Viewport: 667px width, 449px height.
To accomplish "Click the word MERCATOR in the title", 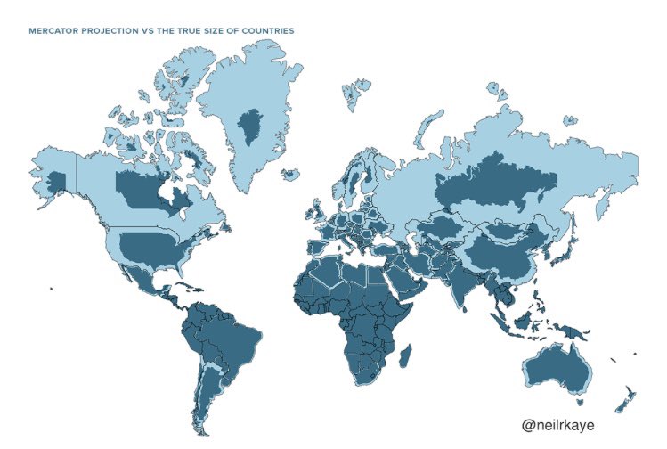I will [54, 30].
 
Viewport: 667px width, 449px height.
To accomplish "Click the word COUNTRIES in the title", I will [267, 30].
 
